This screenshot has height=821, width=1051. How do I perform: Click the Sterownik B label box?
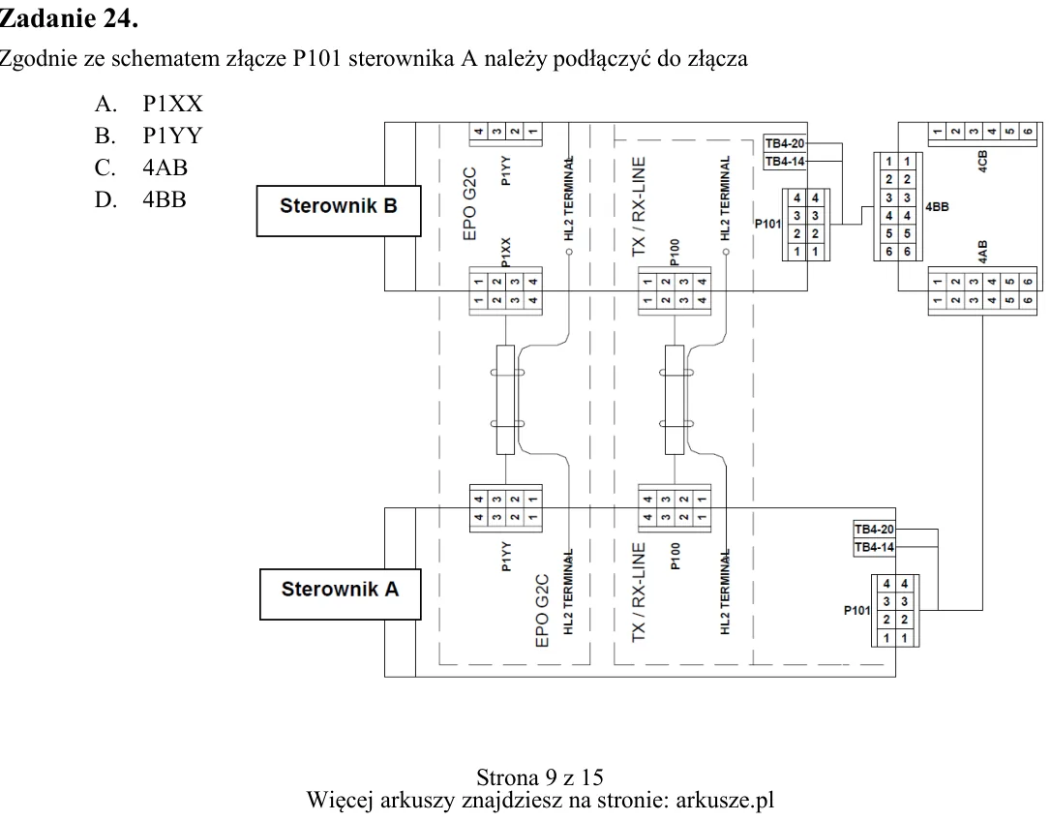[339, 211]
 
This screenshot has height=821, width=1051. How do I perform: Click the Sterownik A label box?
[340, 594]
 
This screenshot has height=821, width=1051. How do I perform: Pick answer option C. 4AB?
[141, 167]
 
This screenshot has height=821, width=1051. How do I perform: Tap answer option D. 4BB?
[140, 199]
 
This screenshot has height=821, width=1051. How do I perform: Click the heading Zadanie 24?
[69, 18]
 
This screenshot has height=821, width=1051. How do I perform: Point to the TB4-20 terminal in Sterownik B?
[785, 143]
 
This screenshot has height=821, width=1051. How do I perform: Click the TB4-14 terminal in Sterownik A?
[874, 547]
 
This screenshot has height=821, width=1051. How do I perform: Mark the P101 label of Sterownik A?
[856, 610]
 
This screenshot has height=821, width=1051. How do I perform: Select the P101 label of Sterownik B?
[767, 224]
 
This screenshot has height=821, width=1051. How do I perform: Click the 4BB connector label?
[937, 207]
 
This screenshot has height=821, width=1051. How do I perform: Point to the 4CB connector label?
[982, 162]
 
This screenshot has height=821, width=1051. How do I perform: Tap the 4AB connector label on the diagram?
[982, 252]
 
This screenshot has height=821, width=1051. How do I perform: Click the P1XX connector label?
[506, 252]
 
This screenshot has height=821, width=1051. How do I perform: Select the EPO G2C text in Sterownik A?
[542, 610]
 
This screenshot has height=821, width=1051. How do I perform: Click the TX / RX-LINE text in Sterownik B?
[638, 206]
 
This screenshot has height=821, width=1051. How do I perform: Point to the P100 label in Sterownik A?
[675, 556]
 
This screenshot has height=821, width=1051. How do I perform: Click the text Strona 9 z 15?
[540, 777]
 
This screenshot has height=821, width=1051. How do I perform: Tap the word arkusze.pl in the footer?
[725, 801]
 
